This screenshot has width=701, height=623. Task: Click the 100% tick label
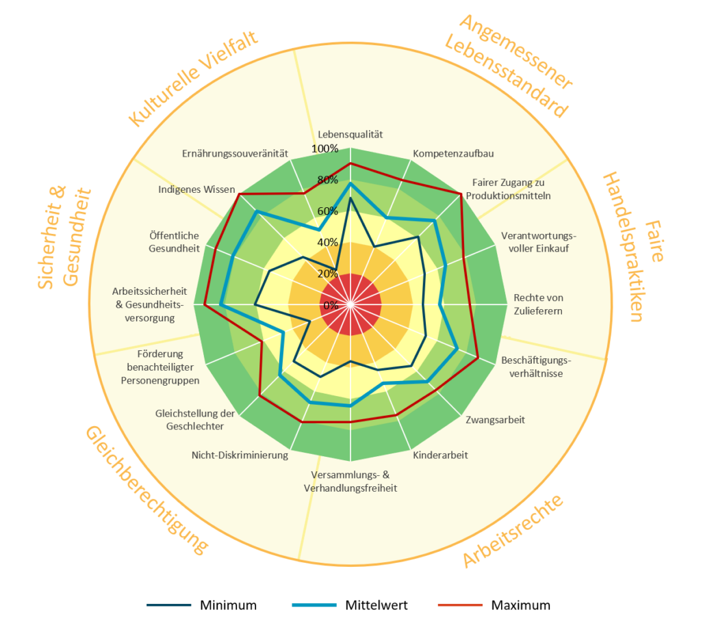[x=324, y=149]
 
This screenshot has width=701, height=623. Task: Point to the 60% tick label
[x=327, y=211]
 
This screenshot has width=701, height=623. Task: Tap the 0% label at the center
[x=331, y=304]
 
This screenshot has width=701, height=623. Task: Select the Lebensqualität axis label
[x=350, y=134]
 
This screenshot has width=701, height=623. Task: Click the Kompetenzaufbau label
[x=454, y=153]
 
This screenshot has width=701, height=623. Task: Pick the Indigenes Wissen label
[x=196, y=189]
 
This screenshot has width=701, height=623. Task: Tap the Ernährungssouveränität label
[x=235, y=153]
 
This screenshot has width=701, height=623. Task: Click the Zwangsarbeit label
[x=495, y=419]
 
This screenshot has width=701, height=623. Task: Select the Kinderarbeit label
[x=440, y=455]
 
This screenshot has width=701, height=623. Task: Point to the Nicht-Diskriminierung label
[x=240, y=455]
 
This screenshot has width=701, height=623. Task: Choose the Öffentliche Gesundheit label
[x=174, y=242]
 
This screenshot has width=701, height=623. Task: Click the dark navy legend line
[x=169, y=605]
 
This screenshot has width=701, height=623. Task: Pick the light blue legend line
[x=314, y=605]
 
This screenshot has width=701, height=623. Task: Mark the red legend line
[x=460, y=605]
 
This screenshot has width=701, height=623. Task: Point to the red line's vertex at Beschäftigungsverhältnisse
[x=478, y=356]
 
